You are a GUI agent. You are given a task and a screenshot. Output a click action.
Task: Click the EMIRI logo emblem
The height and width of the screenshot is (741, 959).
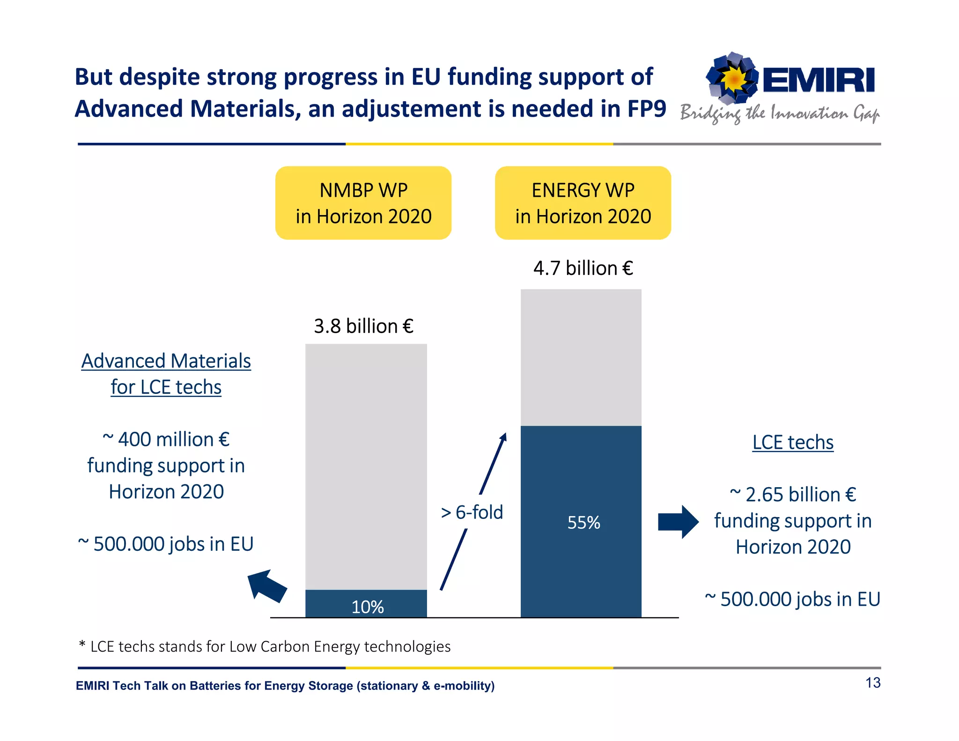pyautogui.click(x=732, y=78)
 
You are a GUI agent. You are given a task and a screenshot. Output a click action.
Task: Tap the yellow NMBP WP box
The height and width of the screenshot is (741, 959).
pyautogui.click(x=363, y=203)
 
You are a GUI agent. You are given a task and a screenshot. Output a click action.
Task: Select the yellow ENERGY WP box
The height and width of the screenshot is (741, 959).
pyautogui.click(x=583, y=203)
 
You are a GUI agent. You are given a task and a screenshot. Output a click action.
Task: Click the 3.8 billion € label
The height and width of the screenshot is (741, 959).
pyautogui.click(x=363, y=326)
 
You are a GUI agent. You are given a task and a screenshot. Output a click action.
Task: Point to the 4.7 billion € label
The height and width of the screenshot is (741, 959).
pyautogui.click(x=583, y=268)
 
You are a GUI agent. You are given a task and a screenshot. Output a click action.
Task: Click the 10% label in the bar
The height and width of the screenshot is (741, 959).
pyautogui.click(x=368, y=607)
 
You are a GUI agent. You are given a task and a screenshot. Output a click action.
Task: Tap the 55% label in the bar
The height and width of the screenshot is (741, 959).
pyautogui.click(x=583, y=522)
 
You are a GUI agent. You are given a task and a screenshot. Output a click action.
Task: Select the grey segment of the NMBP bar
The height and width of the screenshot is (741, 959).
pyautogui.click(x=366, y=466)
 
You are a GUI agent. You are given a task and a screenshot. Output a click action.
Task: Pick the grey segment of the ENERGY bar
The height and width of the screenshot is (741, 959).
pyautogui.click(x=581, y=357)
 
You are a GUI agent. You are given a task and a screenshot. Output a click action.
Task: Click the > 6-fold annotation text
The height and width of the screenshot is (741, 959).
pyautogui.click(x=472, y=512)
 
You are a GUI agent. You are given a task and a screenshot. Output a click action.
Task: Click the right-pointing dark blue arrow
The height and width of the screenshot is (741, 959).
pyautogui.click(x=678, y=522)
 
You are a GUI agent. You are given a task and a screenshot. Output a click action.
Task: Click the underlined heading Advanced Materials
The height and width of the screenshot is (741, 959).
pyautogui.click(x=166, y=361)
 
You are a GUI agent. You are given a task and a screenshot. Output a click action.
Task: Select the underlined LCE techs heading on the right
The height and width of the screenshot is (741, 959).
pyautogui.click(x=793, y=442)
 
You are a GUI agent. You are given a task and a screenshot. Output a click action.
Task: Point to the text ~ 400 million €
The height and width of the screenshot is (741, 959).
pyautogui.click(x=166, y=439)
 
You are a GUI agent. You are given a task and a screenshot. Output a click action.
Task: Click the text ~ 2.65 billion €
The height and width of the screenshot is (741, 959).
pyautogui.click(x=793, y=495)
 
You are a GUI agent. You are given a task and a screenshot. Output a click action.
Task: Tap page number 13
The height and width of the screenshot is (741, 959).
pyautogui.click(x=872, y=682)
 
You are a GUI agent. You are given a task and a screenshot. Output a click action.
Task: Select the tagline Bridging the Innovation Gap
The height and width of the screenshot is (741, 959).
pyautogui.click(x=779, y=114)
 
